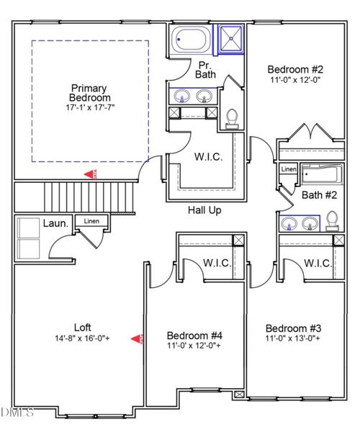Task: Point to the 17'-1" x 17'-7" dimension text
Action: coord(90,108)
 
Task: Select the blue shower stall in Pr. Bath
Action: coord(231,40)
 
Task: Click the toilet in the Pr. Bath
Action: coord(232,118)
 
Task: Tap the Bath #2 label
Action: coord(318,194)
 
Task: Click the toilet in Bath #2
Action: coord(332,219)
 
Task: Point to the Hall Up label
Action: coord(204,211)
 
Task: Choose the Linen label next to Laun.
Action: coord(92,222)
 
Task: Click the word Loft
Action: coord(82,326)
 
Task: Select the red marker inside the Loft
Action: coord(136,338)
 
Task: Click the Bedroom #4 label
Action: coord(194,336)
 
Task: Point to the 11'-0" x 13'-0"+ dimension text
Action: coord(295,337)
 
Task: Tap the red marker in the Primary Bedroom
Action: coord(90,174)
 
